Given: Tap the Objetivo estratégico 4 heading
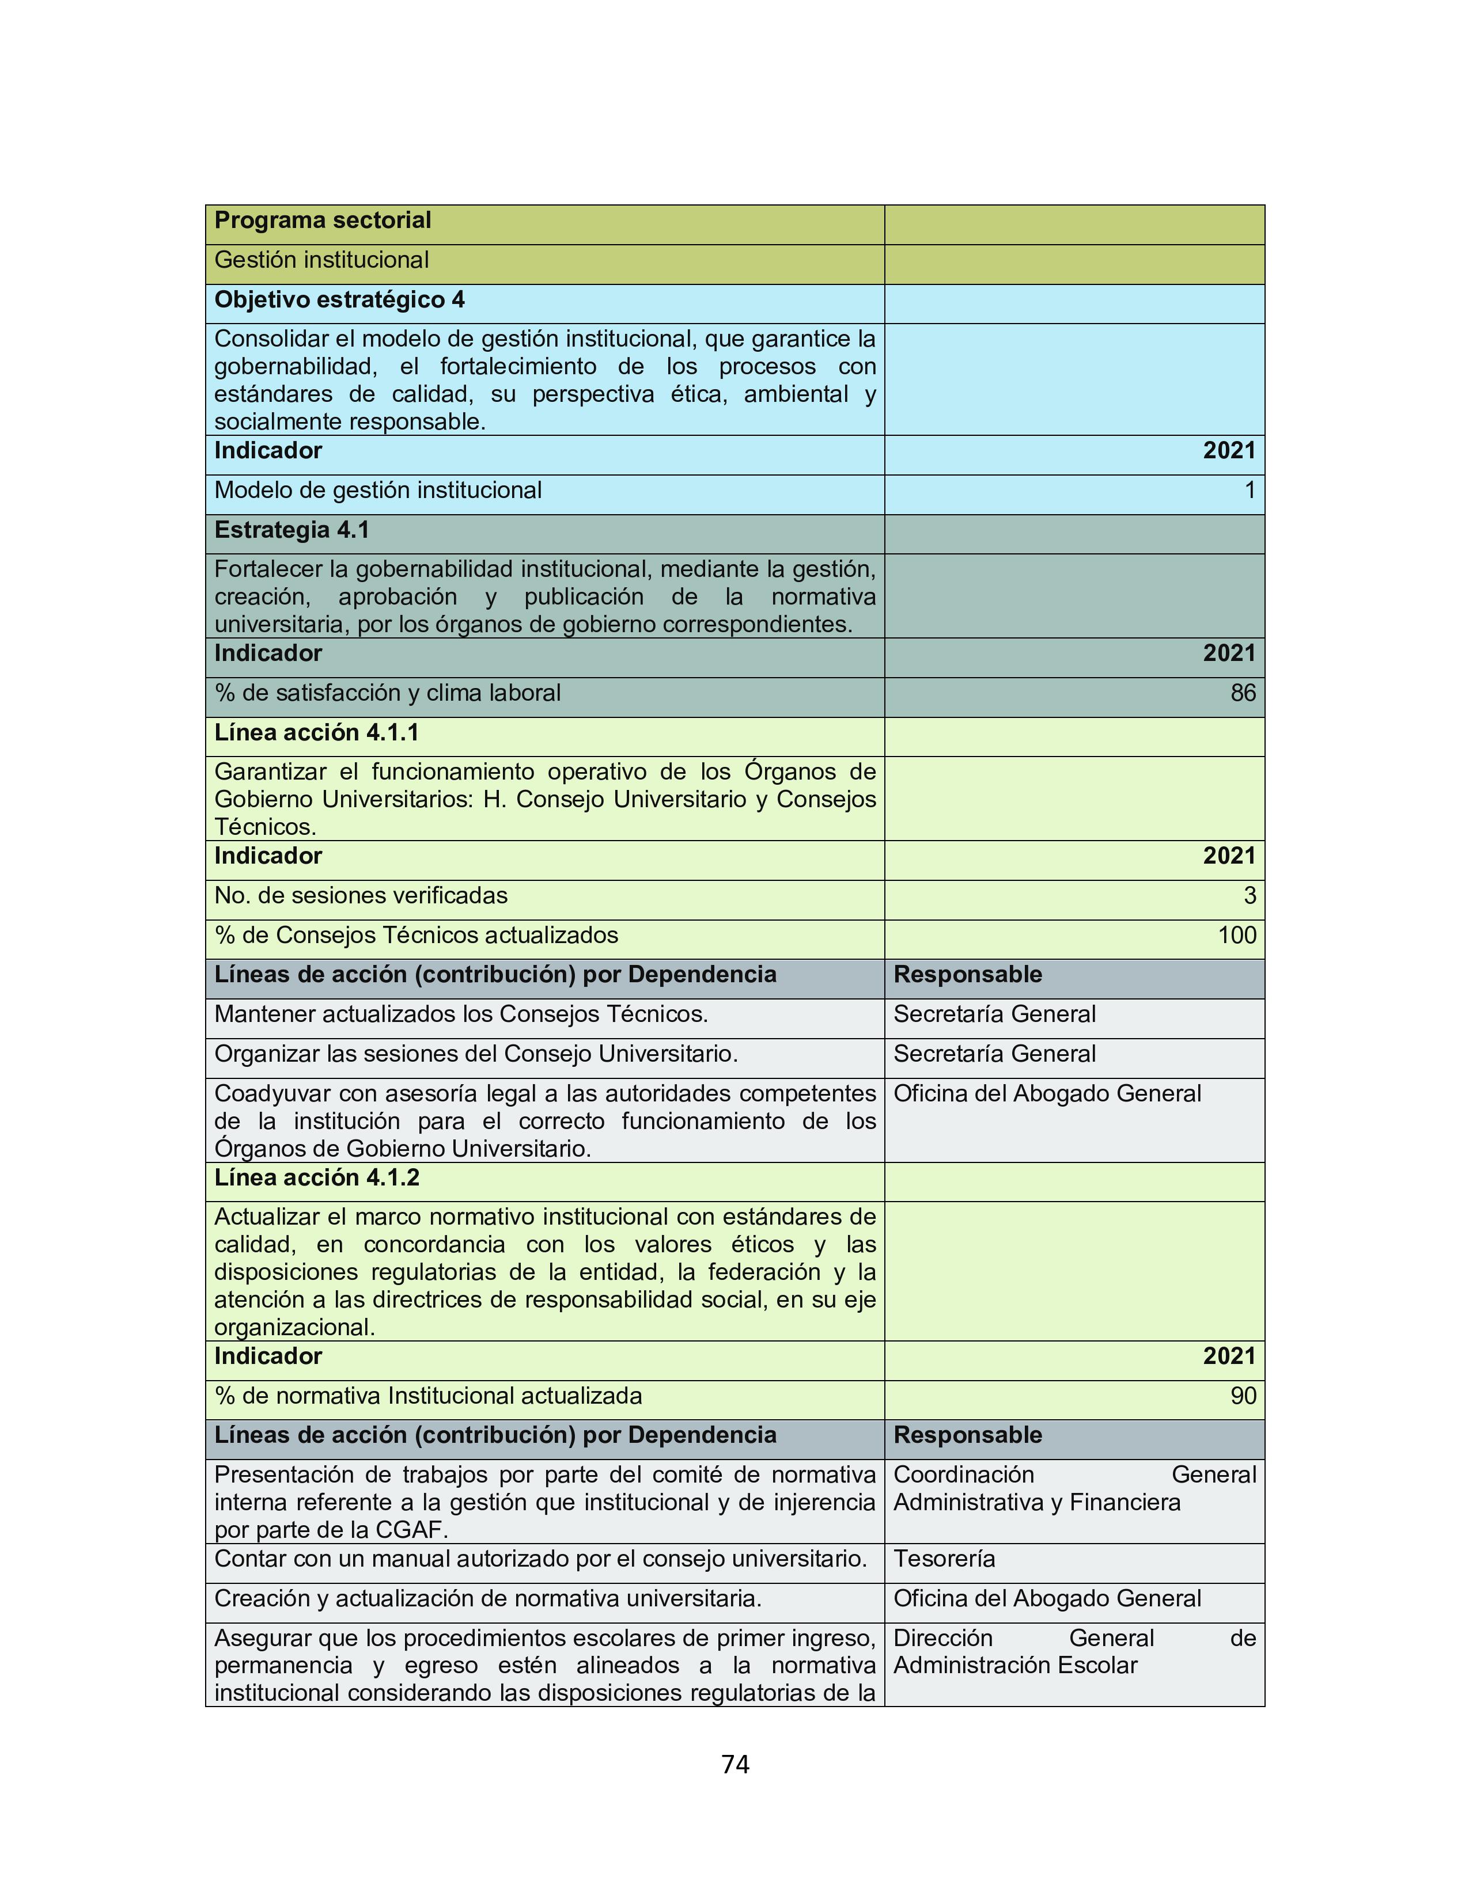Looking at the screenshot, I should [x=339, y=300].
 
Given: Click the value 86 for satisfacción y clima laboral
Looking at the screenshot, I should [x=1243, y=693].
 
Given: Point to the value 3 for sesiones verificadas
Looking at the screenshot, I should [x=1250, y=896].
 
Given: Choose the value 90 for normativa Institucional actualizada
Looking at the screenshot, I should [x=1243, y=1396].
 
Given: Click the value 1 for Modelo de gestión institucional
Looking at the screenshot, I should [x=1250, y=491].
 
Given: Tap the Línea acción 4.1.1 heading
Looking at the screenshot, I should [x=317, y=734].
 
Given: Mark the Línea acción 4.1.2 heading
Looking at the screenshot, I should [x=317, y=1178].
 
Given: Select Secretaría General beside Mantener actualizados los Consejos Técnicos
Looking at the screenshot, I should [x=995, y=1014].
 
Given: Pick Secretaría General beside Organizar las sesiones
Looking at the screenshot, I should [x=995, y=1054].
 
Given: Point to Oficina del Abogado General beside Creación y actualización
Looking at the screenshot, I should [x=1047, y=1599].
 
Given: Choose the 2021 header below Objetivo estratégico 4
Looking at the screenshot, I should [x=1229, y=451].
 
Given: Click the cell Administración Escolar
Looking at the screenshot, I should [x=1016, y=1666].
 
